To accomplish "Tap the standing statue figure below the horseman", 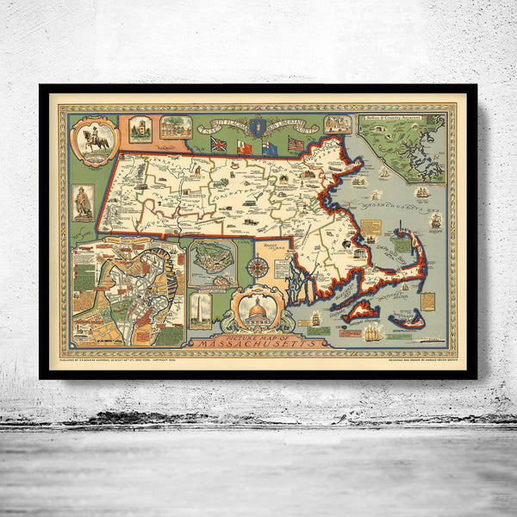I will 84,200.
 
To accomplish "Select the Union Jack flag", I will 217,145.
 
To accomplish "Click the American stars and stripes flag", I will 296,145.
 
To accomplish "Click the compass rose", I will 257,268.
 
